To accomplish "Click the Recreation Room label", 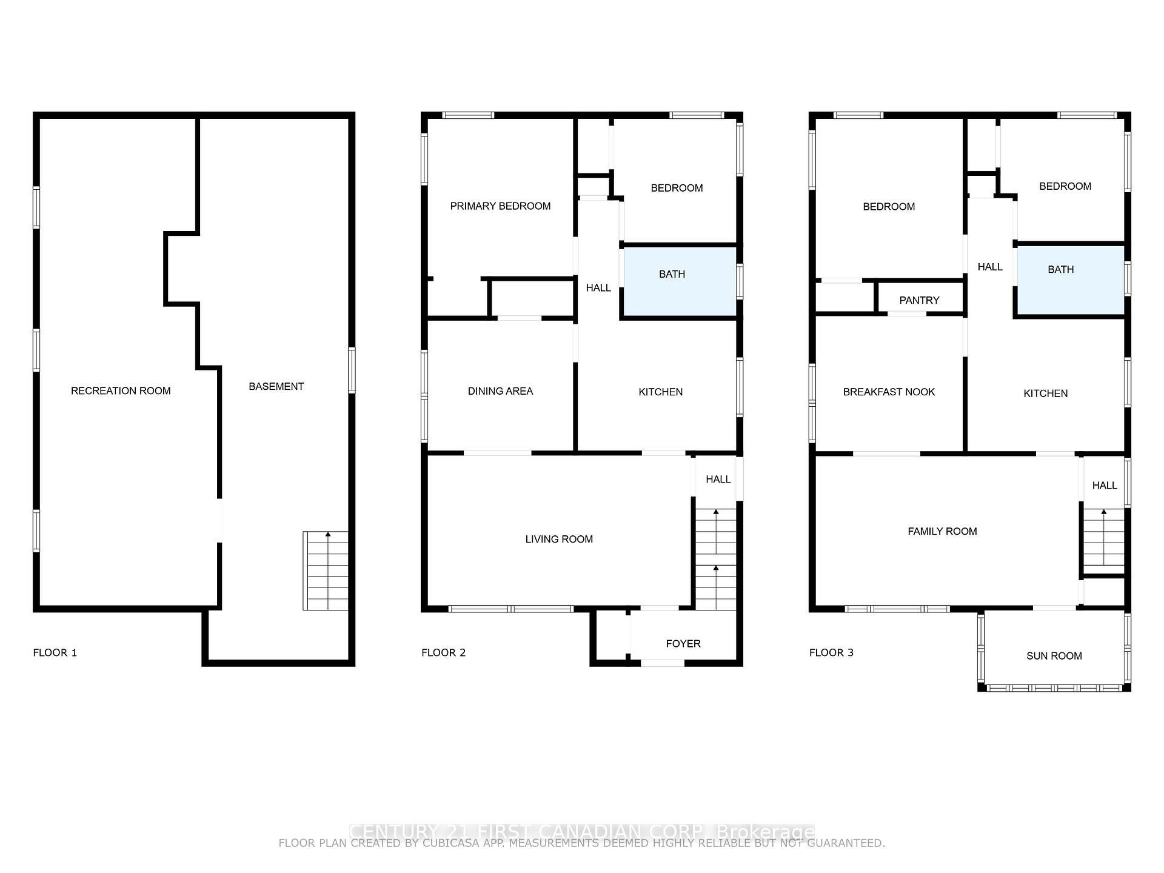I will click(x=121, y=391).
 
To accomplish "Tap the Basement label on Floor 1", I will click(x=276, y=387).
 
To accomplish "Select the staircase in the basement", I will click(x=326, y=570).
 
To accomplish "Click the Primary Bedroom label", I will click(x=500, y=206).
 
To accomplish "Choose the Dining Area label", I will click(x=500, y=392).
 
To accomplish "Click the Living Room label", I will click(x=559, y=540).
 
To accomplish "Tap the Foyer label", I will click(x=683, y=644).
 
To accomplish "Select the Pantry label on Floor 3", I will click(x=919, y=301).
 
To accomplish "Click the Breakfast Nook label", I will click(x=889, y=392).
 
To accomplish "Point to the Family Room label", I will click(x=942, y=532).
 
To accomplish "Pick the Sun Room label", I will click(x=1054, y=656).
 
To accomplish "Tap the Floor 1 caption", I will click(x=55, y=653).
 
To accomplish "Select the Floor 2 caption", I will click(x=443, y=653).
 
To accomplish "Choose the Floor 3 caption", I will click(x=831, y=653).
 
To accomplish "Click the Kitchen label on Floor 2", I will click(x=660, y=392).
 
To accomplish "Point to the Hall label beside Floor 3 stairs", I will click(x=1104, y=486).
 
